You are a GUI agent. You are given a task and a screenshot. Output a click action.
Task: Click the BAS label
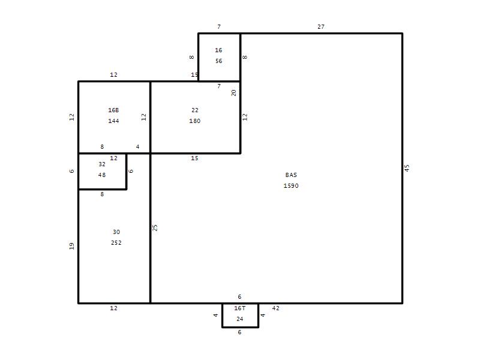[x=291, y=175]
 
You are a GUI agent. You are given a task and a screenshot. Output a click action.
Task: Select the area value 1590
[x=291, y=186]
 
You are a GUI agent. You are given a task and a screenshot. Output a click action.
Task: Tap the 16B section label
[x=113, y=110]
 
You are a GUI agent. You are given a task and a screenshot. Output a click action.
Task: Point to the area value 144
[x=113, y=121]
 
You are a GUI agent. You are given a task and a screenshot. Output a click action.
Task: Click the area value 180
[x=194, y=121]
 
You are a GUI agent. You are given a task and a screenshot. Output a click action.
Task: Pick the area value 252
[x=116, y=243]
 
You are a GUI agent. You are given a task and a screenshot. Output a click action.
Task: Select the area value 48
[x=102, y=175]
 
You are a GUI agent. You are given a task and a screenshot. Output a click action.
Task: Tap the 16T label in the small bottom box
[x=239, y=308]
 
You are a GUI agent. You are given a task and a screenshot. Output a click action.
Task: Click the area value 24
[x=239, y=319]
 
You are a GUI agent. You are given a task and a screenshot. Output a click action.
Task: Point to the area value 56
[x=218, y=61]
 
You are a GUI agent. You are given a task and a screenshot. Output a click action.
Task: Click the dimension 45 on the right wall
[x=407, y=168]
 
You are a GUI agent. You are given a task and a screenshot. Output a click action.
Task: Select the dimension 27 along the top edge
[x=321, y=27]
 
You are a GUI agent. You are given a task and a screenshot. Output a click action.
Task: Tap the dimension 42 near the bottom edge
[x=276, y=308]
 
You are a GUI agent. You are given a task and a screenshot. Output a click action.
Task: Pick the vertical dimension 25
[x=155, y=228]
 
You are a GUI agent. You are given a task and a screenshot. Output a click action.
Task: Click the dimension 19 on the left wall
[x=71, y=246]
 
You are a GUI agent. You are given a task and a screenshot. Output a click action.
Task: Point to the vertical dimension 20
[x=233, y=93]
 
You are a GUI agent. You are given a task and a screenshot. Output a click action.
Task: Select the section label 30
[x=116, y=232]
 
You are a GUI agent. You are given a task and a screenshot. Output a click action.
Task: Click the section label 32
[x=102, y=164]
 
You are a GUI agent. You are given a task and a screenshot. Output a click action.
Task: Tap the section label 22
[x=194, y=110]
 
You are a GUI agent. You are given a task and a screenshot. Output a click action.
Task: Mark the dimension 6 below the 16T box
[x=239, y=332]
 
